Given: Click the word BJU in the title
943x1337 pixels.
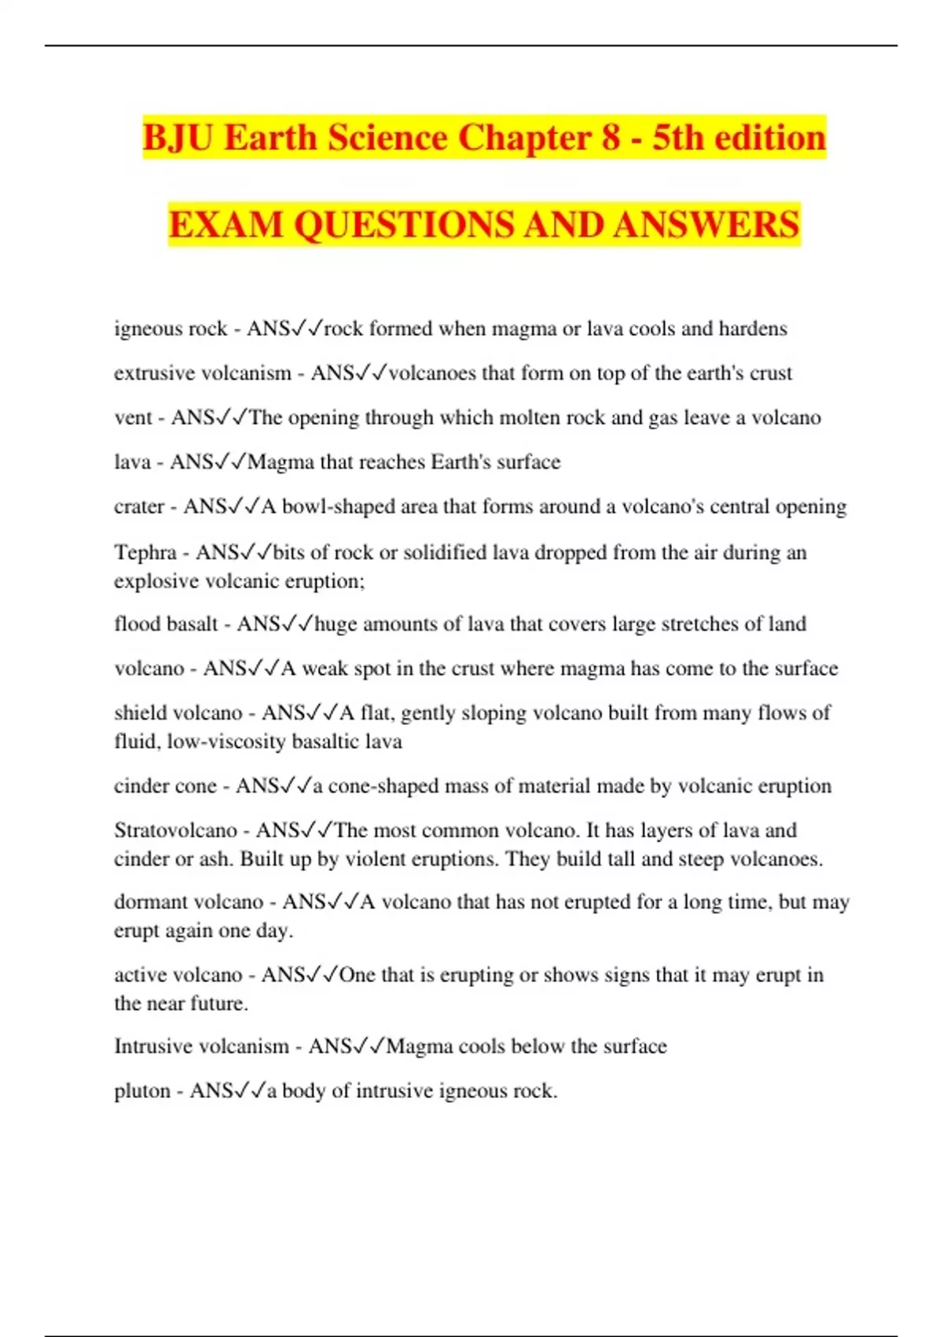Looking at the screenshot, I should [x=178, y=138].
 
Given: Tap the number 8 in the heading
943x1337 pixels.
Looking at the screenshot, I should [x=611, y=138].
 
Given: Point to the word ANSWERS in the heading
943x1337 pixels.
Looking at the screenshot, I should [x=706, y=225].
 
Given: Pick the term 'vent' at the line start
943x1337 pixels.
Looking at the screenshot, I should [x=133, y=418].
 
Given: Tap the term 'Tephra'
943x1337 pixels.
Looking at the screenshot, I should [x=145, y=552].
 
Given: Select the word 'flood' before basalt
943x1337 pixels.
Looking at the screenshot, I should [x=137, y=624].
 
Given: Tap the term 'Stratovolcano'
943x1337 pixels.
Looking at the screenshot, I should [x=175, y=831].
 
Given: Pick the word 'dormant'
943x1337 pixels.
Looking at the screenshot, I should [x=149, y=902].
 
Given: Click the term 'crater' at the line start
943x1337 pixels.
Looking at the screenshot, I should [x=139, y=506].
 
